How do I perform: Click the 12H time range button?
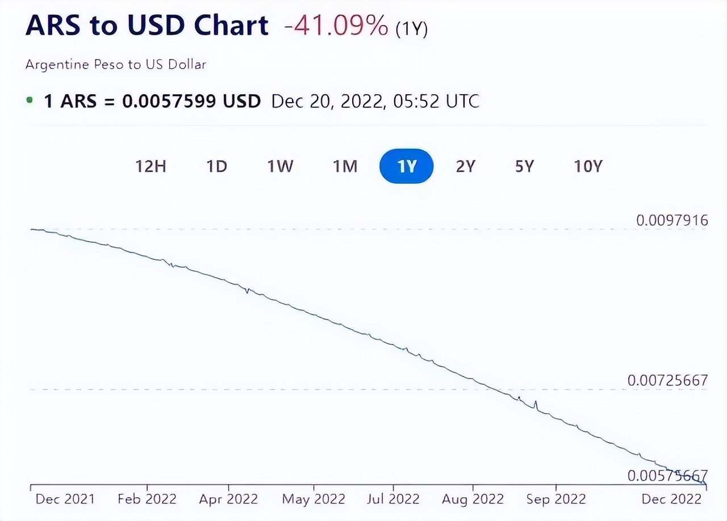click(x=151, y=166)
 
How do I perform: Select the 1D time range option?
click(x=216, y=166)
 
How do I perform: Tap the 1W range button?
click(x=280, y=166)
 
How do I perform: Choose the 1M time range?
click(x=345, y=166)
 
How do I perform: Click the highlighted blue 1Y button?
click(x=407, y=166)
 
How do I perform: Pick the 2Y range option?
click(x=465, y=166)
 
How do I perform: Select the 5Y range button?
click(x=525, y=166)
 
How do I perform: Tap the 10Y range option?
click(x=587, y=166)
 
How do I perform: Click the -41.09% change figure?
click(x=336, y=27)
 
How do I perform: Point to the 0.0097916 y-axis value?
click(x=672, y=220)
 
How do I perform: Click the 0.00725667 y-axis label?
click(x=667, y=380)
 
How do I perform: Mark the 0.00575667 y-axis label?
click(x=667, y=476)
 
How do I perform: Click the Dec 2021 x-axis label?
click(x=65, y=499)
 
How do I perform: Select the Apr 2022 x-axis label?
click(x=228, y=499)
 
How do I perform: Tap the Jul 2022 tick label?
click(x=392, y=499)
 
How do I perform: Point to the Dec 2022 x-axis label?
click(x=671, y=499)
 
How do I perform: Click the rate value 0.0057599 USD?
click(x=191, y=102)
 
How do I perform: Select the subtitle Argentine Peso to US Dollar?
click(x=115, y=65)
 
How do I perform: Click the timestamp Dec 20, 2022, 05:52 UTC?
click(x=375, y=102)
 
